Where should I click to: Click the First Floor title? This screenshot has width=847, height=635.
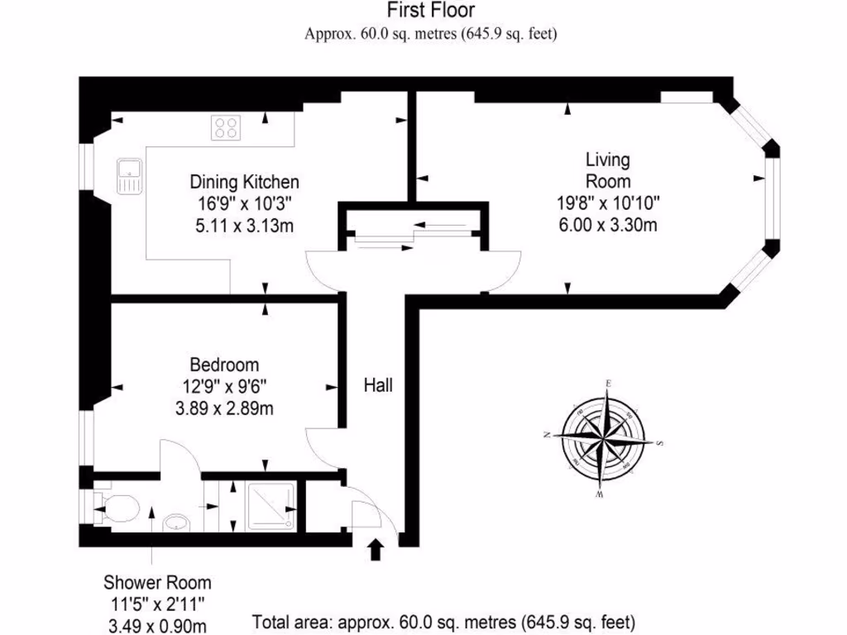pos(430,11)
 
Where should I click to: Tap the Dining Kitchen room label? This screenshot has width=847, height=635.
pos(245,182)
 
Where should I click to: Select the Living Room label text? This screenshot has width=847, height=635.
pos(608,170)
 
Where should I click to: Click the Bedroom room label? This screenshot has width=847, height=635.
pos(224,365)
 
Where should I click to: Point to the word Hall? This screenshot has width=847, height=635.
pos(378,384)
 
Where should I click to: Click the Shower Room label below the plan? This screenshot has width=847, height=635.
pos(157,582)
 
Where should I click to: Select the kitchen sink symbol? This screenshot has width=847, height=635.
pos(129,177)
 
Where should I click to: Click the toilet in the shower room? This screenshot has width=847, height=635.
pos(118,506)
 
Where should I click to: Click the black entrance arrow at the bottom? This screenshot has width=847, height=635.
pos(376,549)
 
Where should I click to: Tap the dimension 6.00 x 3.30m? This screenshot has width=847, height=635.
pos(607,224)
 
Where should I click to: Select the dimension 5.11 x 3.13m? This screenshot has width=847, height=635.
pos(244,224)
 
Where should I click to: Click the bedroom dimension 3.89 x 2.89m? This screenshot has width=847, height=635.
pos(224,407)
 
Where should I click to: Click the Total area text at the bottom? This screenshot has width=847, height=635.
pos(443,621)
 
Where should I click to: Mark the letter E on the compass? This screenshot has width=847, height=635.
pos(609,384)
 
